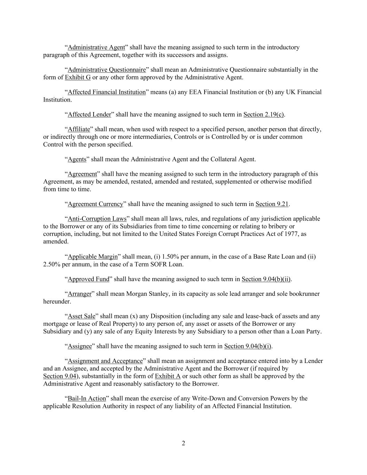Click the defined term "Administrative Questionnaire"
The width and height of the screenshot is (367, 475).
pos(106,70)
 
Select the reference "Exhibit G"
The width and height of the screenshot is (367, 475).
pos(78,77)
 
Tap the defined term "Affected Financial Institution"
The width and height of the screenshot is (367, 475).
pos(106,92)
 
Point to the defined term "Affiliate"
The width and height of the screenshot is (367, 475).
pos(79,129)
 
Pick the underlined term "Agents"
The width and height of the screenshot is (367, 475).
pos(77,159)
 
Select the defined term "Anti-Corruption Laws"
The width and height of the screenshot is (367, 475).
pos(97,219)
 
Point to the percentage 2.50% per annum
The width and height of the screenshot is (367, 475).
pos(52,264)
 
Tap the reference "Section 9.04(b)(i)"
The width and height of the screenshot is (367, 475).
pos(248,346)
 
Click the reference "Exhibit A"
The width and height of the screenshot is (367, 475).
pos(168,376)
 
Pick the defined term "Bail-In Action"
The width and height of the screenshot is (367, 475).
pos(87,398)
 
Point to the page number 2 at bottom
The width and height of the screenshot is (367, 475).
pos(183,443)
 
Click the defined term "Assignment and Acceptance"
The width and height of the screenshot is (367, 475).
pos(105,361)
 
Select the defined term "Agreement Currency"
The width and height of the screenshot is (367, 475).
pos(95,204)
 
